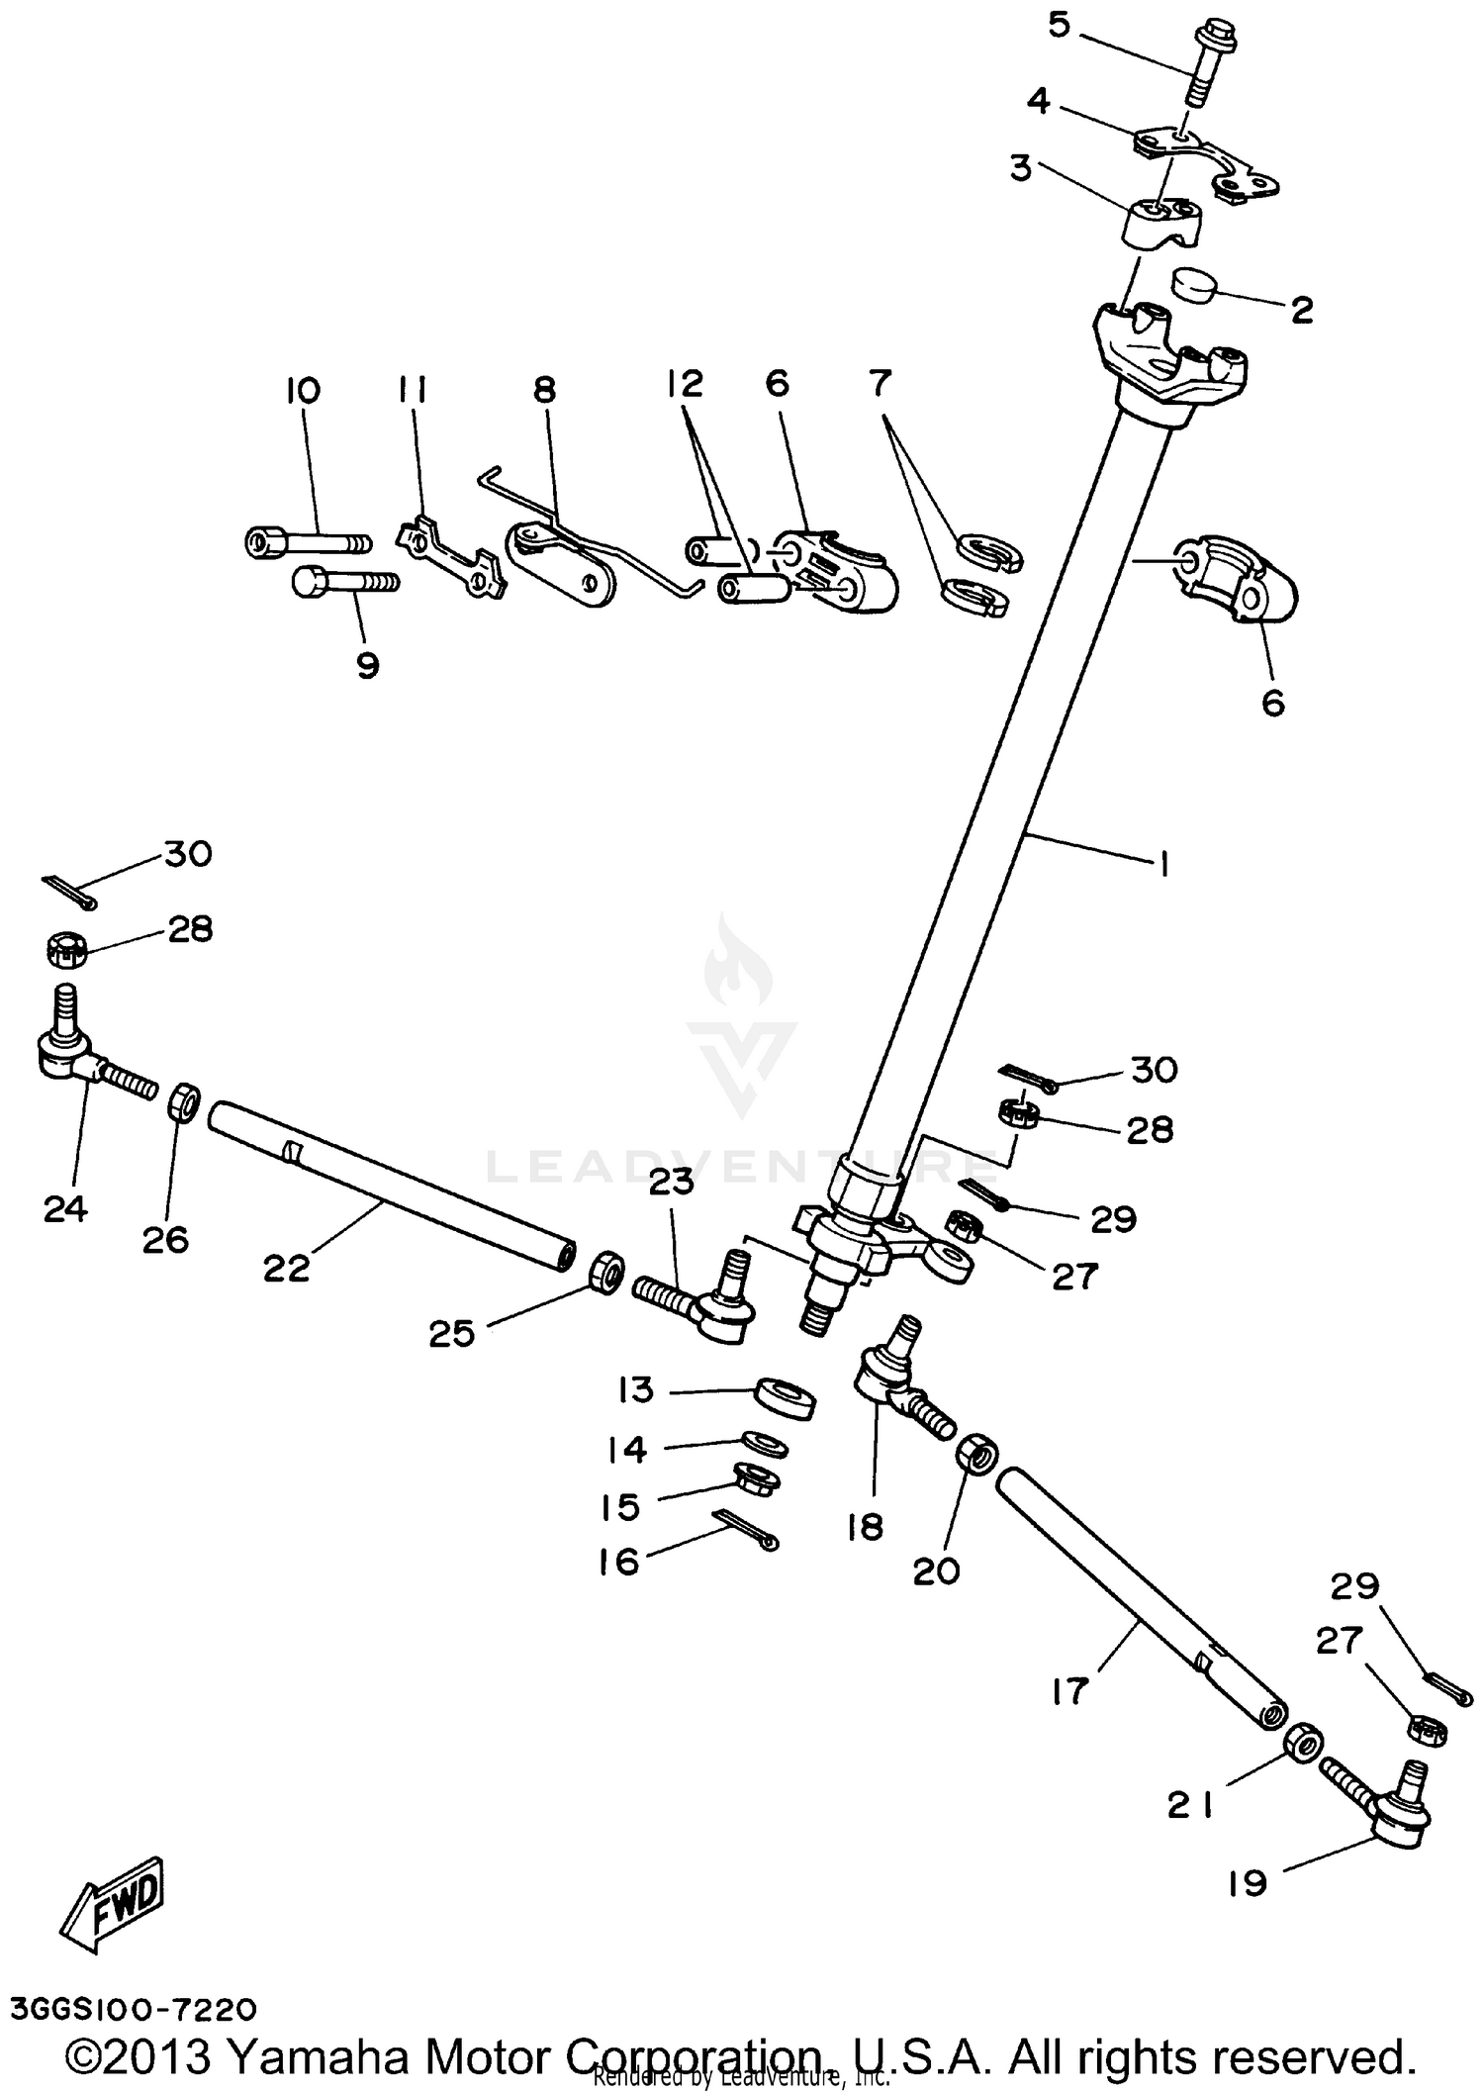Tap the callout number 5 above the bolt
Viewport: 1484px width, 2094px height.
1060,24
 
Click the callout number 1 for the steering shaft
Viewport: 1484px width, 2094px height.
1163,864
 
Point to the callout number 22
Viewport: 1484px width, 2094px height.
287,1268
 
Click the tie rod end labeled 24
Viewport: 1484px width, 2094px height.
74,1059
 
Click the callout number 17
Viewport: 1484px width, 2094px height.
1069,1691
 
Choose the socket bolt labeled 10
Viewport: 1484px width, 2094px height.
307,542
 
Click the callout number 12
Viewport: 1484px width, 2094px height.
685,384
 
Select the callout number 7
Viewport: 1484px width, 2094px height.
881,382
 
